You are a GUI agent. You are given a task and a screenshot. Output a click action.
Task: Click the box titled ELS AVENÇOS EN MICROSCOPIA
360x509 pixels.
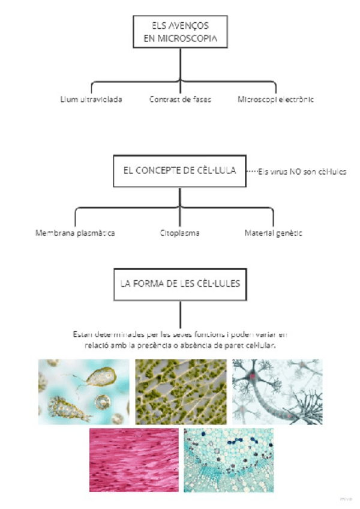[x=180, y=31]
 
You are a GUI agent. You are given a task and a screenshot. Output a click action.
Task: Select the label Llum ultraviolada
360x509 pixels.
[x=91, y=99]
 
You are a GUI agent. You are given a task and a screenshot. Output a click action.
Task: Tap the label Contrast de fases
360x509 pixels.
[x=180, y=99]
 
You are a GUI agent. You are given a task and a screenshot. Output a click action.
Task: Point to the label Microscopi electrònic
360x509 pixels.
[x=275, y=99]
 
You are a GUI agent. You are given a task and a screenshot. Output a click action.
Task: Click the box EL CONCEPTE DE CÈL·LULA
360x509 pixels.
[x=179, y=171]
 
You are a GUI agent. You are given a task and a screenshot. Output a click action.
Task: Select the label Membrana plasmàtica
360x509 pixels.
[x=75, y=232]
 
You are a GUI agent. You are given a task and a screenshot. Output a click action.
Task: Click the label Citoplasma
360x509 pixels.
[x=180, y=232]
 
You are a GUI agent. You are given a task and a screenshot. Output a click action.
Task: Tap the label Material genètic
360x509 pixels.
[x=273, y=232]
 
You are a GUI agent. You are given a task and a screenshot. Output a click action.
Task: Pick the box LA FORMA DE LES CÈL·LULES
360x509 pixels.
[x=180, y=283]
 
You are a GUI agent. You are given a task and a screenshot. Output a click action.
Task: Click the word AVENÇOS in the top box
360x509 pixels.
[x=190, y=25]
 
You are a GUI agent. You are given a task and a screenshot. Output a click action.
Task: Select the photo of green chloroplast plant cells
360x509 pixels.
[x=181, y=392]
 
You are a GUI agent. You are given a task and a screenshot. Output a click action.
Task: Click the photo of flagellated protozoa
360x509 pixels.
[x=83, y=392]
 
